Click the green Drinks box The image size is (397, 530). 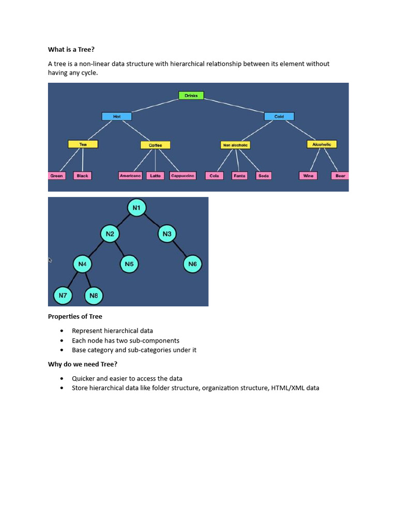(x=191, y=96)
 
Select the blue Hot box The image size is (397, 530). (x=116, y=116)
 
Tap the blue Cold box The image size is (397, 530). (x=279, y=116)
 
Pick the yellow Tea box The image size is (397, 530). (x=83, y=144)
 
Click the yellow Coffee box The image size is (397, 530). (x=155, y=145)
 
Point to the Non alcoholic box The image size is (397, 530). (x=235, y=145)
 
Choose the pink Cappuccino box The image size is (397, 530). (x=182, y=176)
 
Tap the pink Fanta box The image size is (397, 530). (x=239, y=176)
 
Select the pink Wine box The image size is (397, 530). (x=308, y=176)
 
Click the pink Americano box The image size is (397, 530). (x=130, y=176)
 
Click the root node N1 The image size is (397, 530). (x=136, y=208)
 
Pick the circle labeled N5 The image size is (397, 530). (x=129, y=264)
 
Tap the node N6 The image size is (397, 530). (x=192, y=264)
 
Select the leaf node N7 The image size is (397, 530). (x=63, y=296)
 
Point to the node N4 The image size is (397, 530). (x=82, y=264)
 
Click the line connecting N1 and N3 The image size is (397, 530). (x=152, y=221)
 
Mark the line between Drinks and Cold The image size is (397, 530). (x=235, y=106)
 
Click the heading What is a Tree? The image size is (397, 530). (x=71, y=50)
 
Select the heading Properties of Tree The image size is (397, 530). (x=75, y=317)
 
